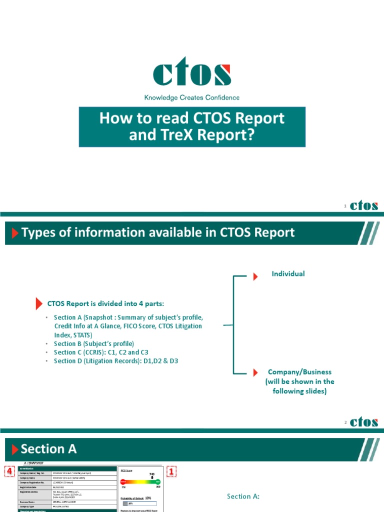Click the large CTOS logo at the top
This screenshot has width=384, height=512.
pyautogui.click(x=192, y=73)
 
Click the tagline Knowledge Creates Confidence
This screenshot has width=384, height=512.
pyautogui.click(x=192, y=98)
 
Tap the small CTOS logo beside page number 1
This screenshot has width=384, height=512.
pyautogui.click(x=364, y=206)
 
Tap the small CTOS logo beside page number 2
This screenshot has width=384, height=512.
pyautogui.click(x=364, y=422)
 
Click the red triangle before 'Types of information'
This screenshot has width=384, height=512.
pyautogui.click(x=14, y=233)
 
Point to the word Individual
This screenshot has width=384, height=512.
pyautogui.click(x=288, y=273)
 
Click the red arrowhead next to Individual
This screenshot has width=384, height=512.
pyautogui.click(x=255, y=276)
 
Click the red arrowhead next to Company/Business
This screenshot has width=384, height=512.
pyautogui.click(x=255, y=372)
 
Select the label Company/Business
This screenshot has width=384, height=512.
pyautogui.click(x=299, y=372)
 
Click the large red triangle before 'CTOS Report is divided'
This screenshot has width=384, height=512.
pyautogui.click(x=39, y=303)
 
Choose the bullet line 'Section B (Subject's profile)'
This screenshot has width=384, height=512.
pyautogui.click(x=94, y=343)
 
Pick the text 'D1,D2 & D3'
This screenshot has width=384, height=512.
pyautogui.click(x=161, y=360)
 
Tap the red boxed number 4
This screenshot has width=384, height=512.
pyautogui.click(x=8, y=471)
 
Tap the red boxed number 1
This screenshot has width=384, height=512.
pyautogui.click(x=171, y=471)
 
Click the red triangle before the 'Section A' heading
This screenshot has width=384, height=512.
pyautogui.click(x=14, y=449)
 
